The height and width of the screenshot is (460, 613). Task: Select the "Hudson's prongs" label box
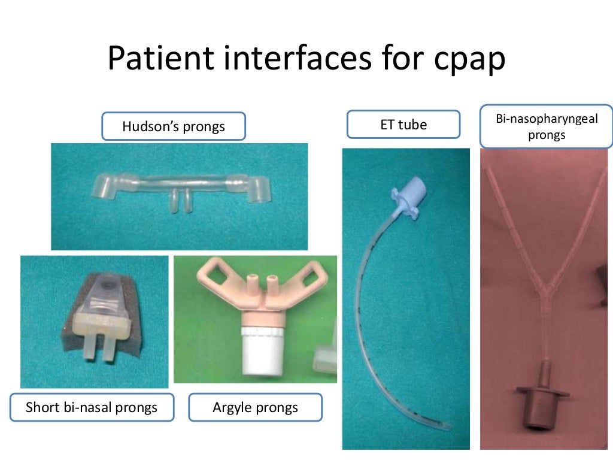point(174,126)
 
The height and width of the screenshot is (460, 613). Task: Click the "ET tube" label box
point(403,125)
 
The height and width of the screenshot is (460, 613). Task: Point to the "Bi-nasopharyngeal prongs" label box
point(547,127)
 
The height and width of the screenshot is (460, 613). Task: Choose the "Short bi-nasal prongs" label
point(92,408)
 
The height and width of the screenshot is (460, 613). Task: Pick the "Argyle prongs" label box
point(255,408)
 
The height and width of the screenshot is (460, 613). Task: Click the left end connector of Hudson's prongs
point(105,187)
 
